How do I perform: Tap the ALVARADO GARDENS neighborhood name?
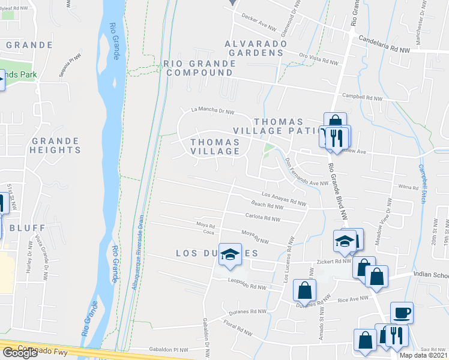[253, 48]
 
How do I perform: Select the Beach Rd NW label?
[267, 206]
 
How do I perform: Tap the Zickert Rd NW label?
[333, 262]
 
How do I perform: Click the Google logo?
[20, 353]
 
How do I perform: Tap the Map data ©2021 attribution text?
[423, 355]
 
